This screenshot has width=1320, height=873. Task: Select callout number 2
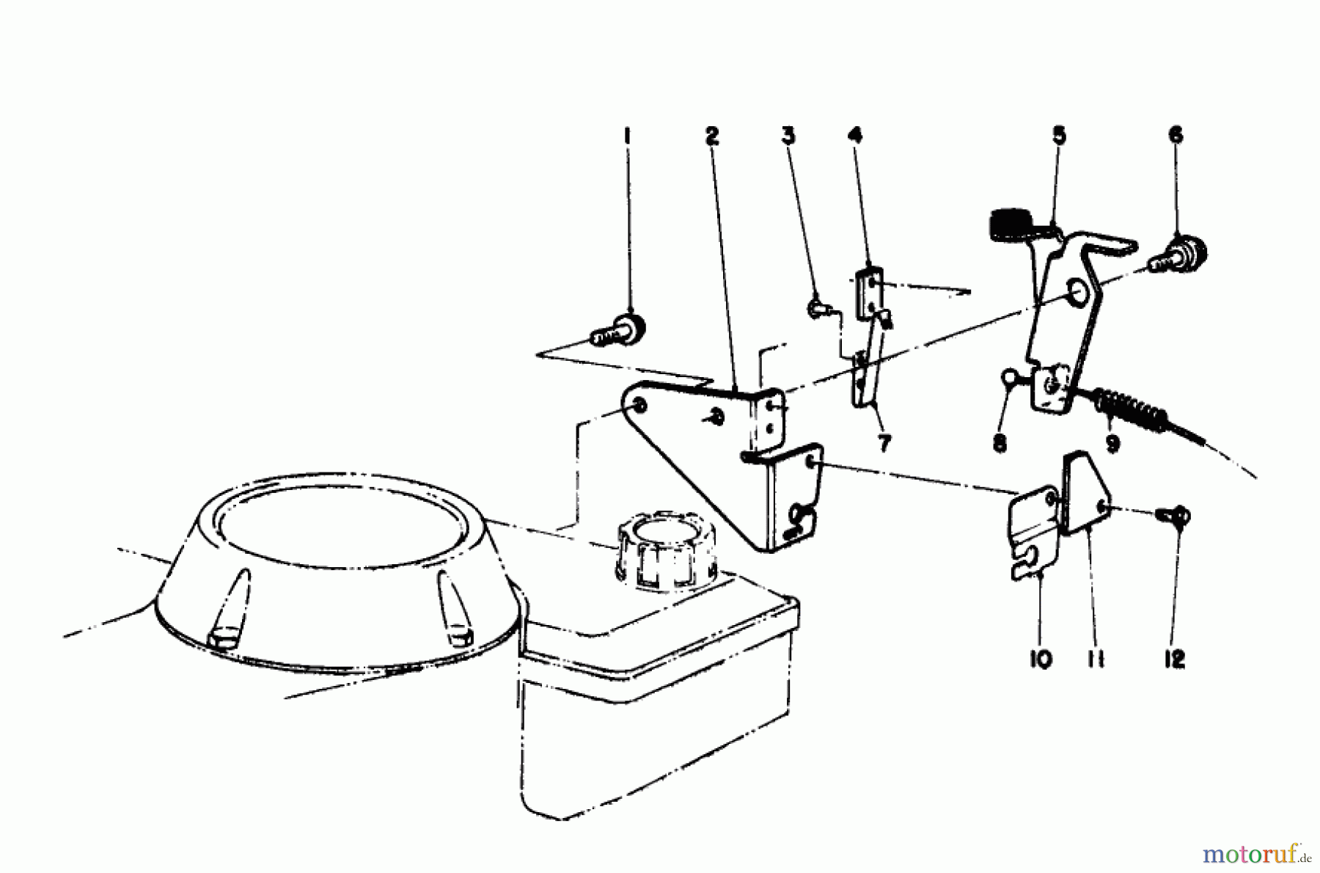point(712,136)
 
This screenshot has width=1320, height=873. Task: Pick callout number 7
point(884,443)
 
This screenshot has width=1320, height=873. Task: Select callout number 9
point(1112,443)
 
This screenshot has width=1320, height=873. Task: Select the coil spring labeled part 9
point(1129,413)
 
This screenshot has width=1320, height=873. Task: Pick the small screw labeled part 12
point(1176,516)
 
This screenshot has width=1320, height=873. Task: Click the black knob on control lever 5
point(1011,222)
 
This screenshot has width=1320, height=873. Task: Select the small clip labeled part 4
point(868,290)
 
